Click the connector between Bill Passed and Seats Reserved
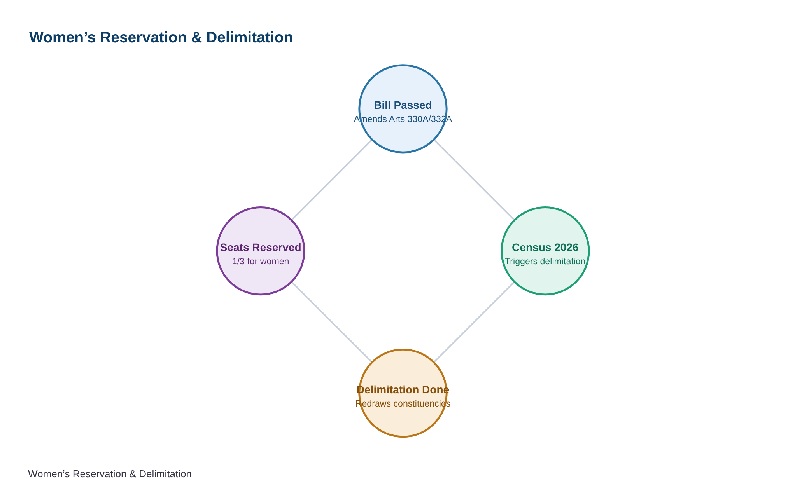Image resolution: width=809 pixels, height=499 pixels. (x=332, y=180)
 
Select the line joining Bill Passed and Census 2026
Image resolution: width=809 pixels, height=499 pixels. (x=474, y=180)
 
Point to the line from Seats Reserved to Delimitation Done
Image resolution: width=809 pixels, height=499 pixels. (x=332, y=322)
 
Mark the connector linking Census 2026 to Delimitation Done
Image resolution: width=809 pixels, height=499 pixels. (x=474, y=322)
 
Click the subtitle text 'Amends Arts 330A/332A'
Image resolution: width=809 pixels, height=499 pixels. (x=403, y=119)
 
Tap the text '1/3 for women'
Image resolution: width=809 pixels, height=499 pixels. (x=261, y=262)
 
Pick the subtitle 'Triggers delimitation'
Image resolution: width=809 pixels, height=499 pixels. (x=545, y=262)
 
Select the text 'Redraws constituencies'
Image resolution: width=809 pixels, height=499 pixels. (x=403, y=404)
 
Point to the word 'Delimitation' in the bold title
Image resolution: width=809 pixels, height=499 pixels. (x=249, y=38)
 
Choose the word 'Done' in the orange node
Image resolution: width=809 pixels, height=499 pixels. (x=437, y=390)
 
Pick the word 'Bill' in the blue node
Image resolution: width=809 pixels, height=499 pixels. (x=381, y=105)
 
